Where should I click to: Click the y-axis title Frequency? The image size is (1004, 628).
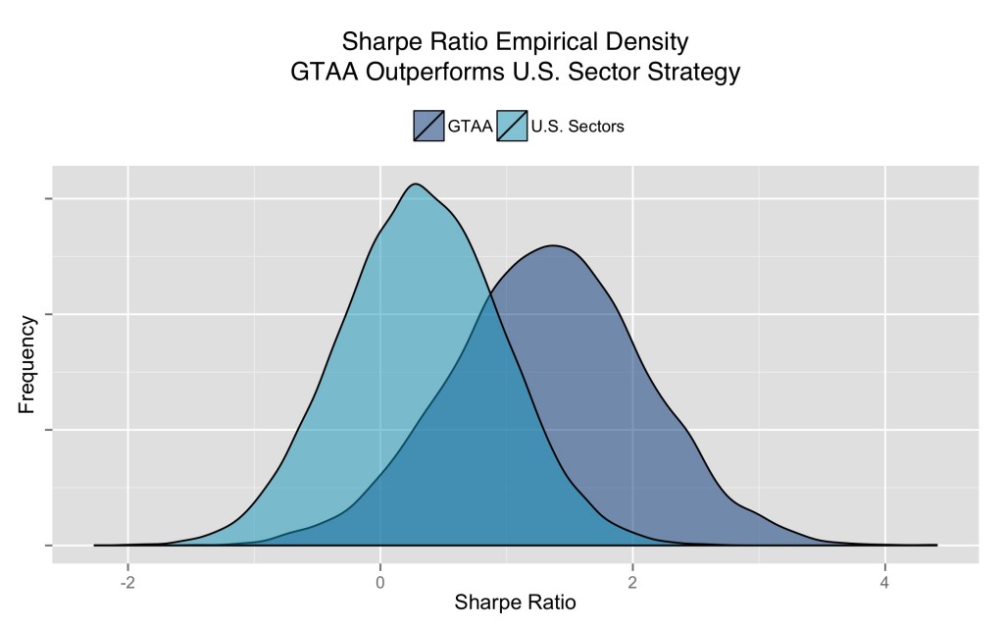coord(27,363)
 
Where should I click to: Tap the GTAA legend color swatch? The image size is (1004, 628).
coord(428,126)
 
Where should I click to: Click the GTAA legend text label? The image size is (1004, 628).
coord(471,126)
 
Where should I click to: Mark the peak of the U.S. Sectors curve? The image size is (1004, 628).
coord(416,184)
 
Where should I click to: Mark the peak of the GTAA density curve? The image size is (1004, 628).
coord(554,245)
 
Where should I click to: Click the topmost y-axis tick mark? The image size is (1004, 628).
coord(46,199)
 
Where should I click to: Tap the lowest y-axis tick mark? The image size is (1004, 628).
coord(46,545)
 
